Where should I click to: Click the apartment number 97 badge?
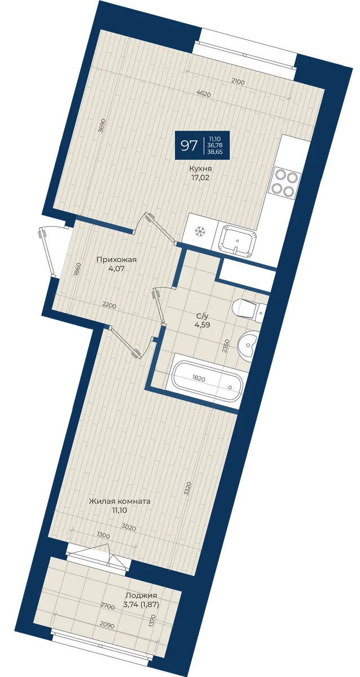(202, 145)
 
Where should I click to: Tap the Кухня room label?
(200, 169)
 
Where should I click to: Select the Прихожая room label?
(117, 260)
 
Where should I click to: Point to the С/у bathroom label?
(202, 316)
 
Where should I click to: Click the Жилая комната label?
(120, 501)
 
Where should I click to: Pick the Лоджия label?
(142, 570)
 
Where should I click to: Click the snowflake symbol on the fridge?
(199, 232)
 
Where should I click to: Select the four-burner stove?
(284, 183)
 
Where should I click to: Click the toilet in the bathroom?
(248, 309)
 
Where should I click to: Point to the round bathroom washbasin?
(248, 344)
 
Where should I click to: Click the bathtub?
(207, 381)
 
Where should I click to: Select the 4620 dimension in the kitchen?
(203, 94)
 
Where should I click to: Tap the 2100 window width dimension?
(238, 81)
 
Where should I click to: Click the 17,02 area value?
(200, 178)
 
